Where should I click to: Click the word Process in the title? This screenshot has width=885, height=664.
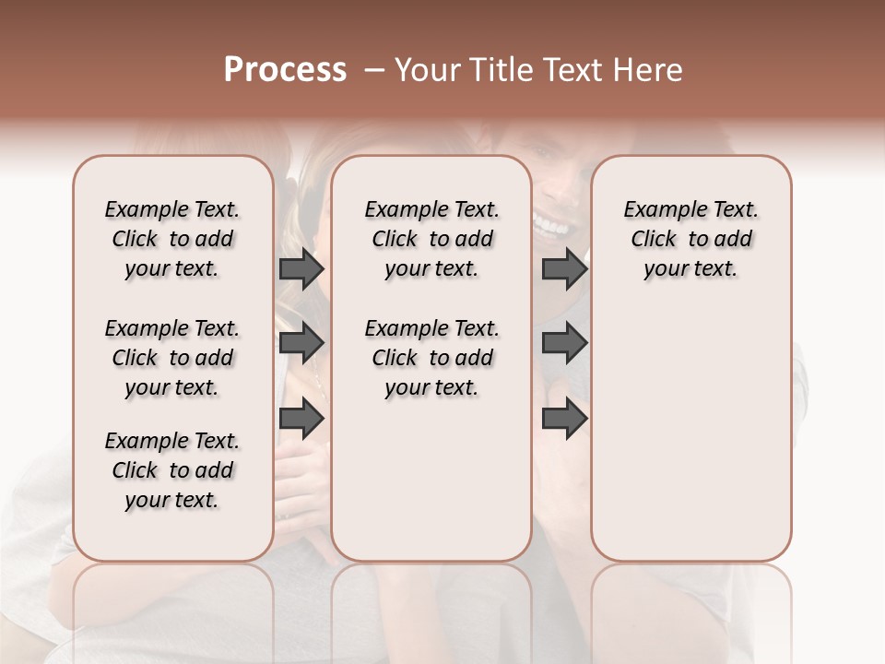[285, 70]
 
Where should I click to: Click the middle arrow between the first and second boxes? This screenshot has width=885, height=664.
[301, 343]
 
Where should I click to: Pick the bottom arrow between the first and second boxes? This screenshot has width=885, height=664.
[301, 418]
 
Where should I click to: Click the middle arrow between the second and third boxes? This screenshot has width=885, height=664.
[564, 343]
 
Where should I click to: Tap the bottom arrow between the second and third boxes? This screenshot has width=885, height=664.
[564, 418]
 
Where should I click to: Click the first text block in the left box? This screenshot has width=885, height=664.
[172, 239]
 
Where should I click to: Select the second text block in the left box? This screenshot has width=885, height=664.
[172, 358]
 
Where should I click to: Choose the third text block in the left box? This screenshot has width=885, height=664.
[172, 470]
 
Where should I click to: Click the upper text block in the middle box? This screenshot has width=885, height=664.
[431, 239]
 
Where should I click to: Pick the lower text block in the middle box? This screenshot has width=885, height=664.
[431, 358]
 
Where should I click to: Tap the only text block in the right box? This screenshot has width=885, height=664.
[690, 239]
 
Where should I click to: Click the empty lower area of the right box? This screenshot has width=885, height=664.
[690, 443]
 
